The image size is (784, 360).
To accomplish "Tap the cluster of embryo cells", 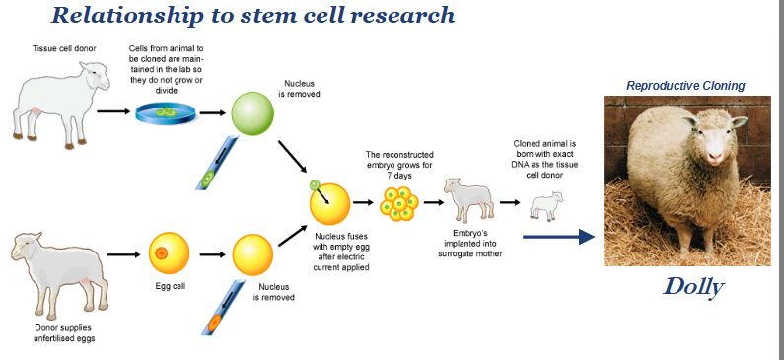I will tap(399, 205).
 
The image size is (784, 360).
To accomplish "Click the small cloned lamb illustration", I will tap(544, 205).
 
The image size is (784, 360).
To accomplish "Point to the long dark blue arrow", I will tap(558, 236).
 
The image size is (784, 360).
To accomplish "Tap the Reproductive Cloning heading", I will tap(685, 86).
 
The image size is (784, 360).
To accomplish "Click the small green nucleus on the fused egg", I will tap(316, 184).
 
